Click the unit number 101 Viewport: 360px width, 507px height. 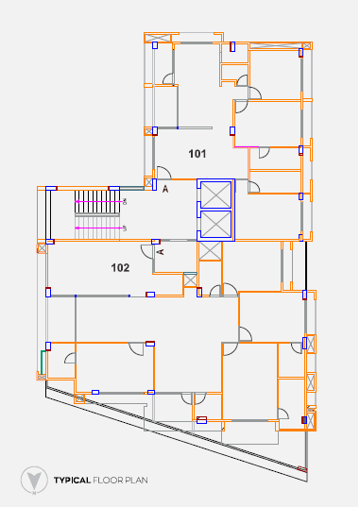[x=197, y=154]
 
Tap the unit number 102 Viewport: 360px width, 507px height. [x=120, y=268]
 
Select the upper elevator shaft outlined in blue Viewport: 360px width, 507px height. [x=216, y=194]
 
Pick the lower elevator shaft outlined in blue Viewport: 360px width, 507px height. [x=216, y=224]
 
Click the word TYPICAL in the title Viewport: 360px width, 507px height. [x=72, y=481]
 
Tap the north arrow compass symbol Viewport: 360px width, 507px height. [x=34, y=481]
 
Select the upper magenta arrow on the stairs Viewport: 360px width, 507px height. [x=98, y=201]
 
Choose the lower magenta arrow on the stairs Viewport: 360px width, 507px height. [x=98, y=228]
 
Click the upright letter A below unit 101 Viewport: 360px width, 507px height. [x=165, y=189]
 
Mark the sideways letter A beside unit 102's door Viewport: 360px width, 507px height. [x=160, y=251]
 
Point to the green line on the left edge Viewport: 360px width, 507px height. [x=42, y=362]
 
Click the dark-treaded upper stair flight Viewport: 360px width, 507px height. [x=97, y=202]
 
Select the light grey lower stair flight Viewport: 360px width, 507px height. [x=97, y=228]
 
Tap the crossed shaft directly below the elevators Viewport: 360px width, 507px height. [x=210, y=251]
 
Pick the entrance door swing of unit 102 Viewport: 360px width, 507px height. [x=146, y=252]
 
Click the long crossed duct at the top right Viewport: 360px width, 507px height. [x=275, y=45]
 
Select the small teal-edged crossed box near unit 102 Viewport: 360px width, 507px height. [x=190, y=279]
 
